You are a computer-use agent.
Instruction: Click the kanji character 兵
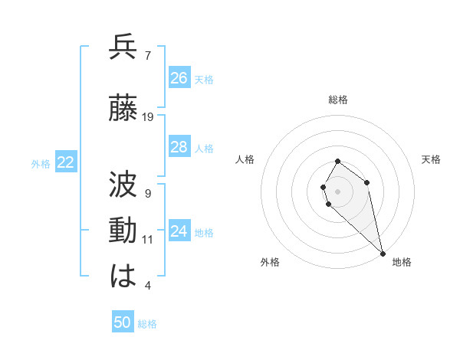click(x=123, y=47)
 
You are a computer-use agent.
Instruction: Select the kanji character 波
click(x=123, y=185)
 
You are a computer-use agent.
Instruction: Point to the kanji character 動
click(x=123, y=231)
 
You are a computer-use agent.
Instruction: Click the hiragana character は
click(x=123, y=277)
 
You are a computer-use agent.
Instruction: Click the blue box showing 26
click(x=179, y=78)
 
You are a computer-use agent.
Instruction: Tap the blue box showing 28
click(x=179, y=147)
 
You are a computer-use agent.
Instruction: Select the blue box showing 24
click(x=179, y=231)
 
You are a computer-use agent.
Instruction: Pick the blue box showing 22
click(x=66, y=162)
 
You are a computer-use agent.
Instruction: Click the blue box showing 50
click(x=123, y=322)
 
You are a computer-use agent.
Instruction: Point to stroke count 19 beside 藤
click(x=148, y=117)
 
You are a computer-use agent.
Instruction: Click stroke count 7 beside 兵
click(x=148, y=55)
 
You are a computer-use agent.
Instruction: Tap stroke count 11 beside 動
click(x=148, y=240)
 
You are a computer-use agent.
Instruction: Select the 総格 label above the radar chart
click(x=338, y=100)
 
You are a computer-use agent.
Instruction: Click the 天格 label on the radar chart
click(x=432, y=159)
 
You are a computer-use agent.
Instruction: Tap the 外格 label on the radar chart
click(x=270, y=262)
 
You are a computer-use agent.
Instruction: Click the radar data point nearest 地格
click(x=383, y=254)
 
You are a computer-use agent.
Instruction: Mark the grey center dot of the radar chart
click(x=337, y=190)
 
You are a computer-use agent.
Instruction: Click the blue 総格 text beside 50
click(x=147, y=324)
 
